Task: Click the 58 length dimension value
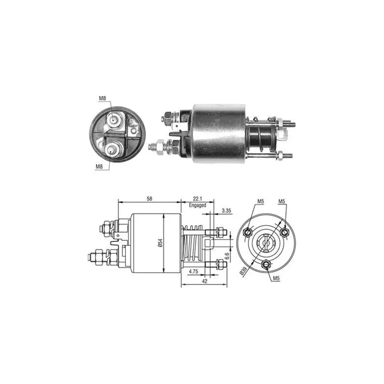tap(149, 199)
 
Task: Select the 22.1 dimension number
tap(197, 199)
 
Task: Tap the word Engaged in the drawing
tap(197, 205)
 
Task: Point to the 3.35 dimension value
tap(227, 210)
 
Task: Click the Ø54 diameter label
tap(160, 242)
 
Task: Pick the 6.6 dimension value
tap(227, 256)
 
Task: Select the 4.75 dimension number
tap(193, 272)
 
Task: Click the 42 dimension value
tap(205, 281)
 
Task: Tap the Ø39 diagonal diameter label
tap(243, 272)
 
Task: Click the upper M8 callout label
tap(102, 98)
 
